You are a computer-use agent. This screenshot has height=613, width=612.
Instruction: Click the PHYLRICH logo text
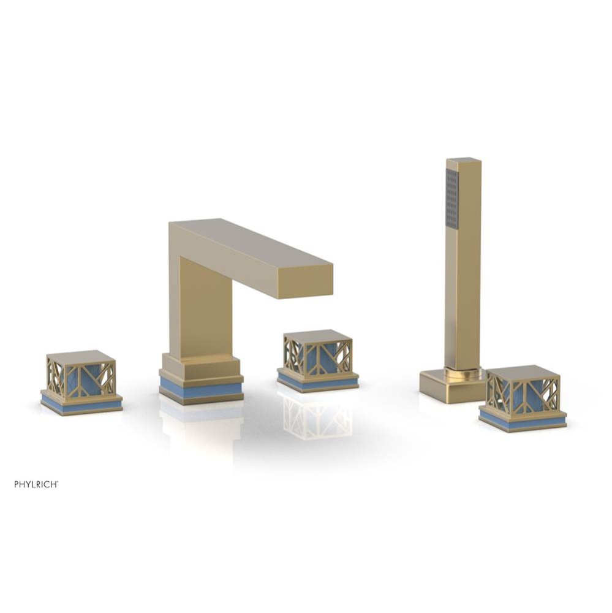(36, 484)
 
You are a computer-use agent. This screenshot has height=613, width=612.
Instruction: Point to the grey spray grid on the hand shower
(452, 199)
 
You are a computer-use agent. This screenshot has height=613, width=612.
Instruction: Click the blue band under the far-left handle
(81, 405)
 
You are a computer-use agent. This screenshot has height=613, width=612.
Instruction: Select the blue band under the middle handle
(317, 383)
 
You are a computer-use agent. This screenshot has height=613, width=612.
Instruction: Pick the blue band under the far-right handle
(523, 421)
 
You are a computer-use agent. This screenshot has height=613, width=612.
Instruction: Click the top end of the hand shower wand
(464, 161)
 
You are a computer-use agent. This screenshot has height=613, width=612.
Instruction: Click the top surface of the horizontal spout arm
(245, 242)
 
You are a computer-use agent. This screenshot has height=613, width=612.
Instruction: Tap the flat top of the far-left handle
(81, 357)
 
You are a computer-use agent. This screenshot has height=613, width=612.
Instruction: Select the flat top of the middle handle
(317, 336)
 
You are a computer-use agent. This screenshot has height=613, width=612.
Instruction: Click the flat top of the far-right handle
(523, 372)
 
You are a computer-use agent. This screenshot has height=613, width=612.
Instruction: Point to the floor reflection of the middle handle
(317, 417)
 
